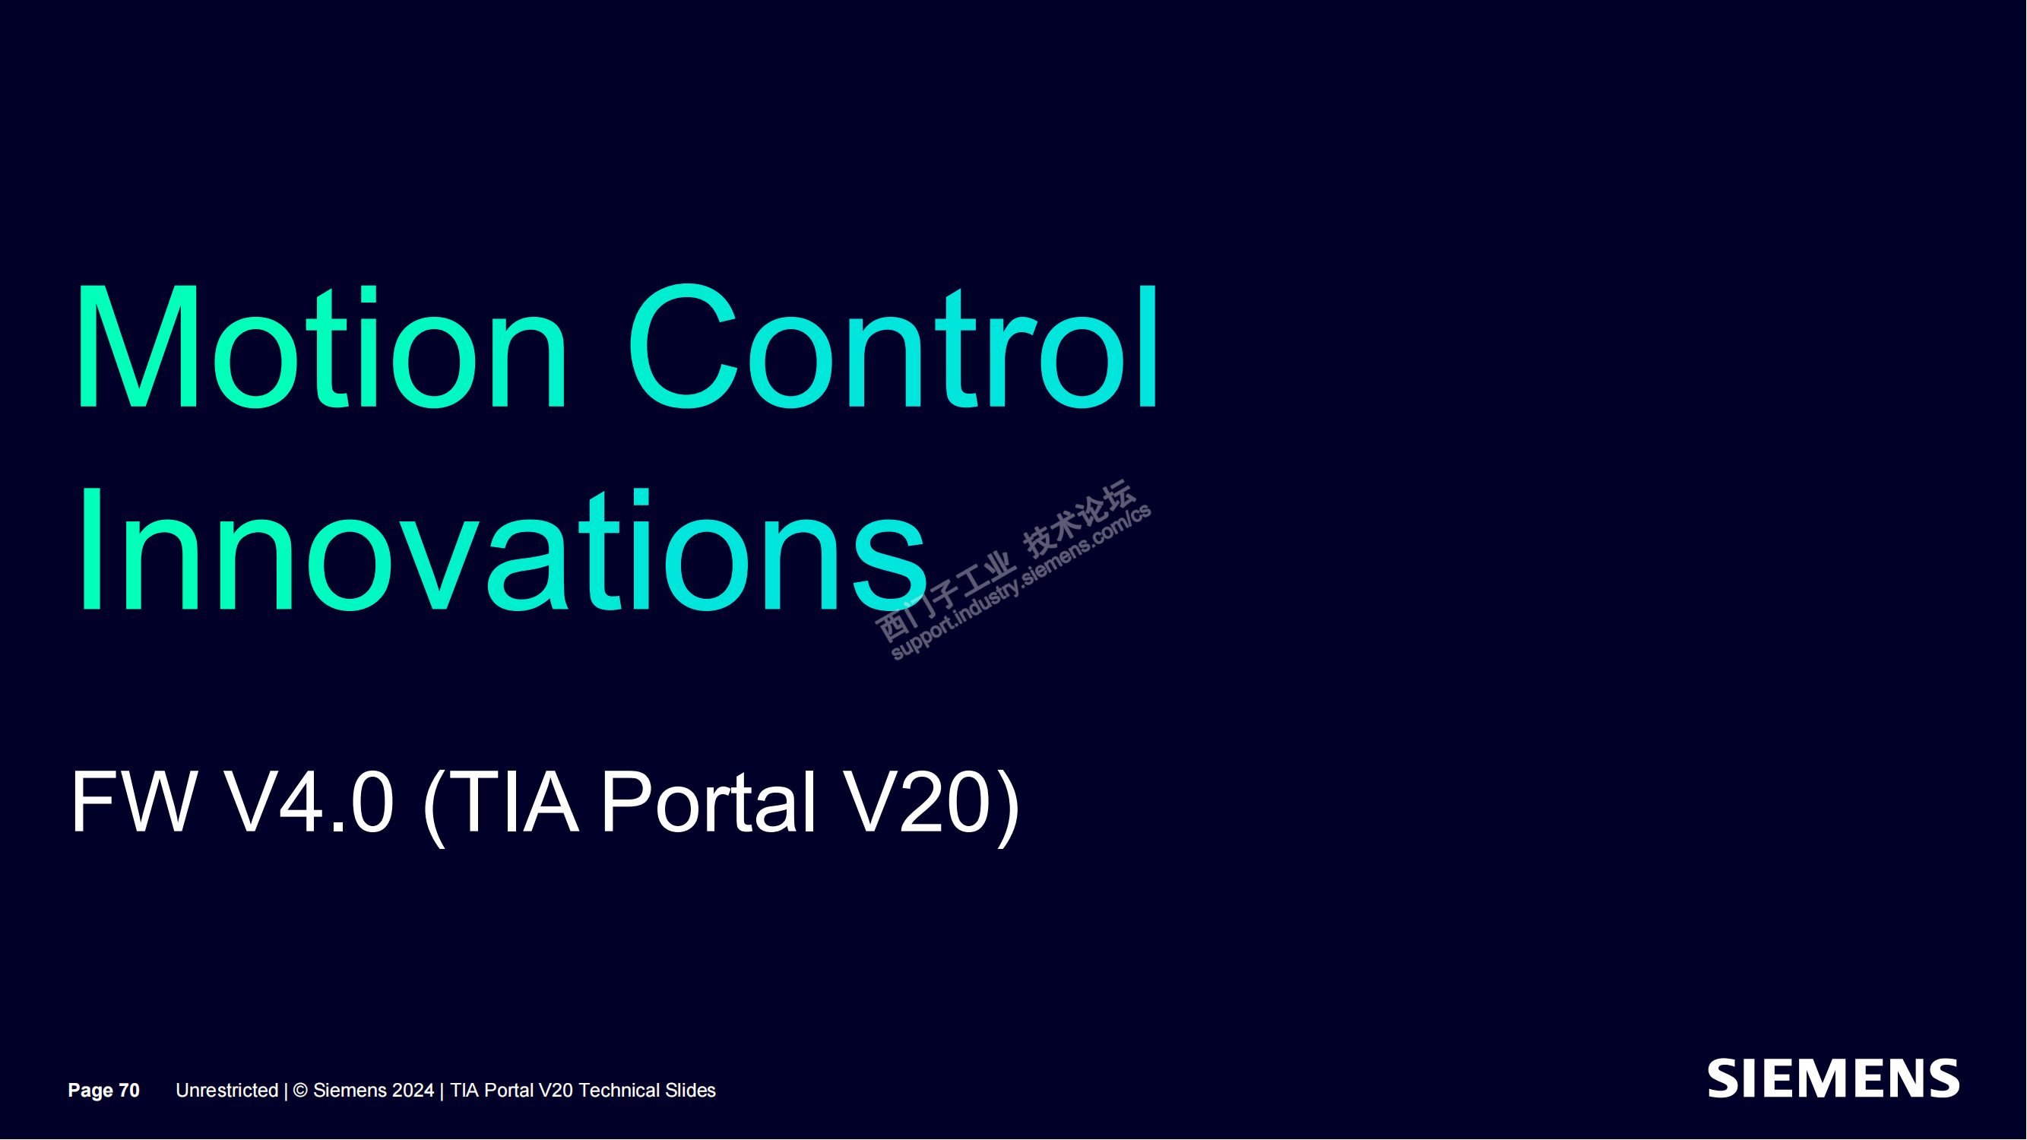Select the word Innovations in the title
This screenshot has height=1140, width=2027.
(x=502, y=550)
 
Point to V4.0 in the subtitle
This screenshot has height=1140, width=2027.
(x=309, y=802)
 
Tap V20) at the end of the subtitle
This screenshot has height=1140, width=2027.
(x=932, y=805)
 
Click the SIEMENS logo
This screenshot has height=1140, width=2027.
(x=1833, y=1078)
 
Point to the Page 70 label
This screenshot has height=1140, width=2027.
(x=104, y=1091)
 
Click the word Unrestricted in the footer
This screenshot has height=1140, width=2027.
(x=226, y=1091)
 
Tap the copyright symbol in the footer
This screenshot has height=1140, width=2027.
(x=299, y=1091)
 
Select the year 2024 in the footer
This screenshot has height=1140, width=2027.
(x=413, y=1091)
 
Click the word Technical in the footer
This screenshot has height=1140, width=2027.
(x=619, y=1091)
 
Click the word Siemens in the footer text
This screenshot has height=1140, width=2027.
(x=350, y=1091)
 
